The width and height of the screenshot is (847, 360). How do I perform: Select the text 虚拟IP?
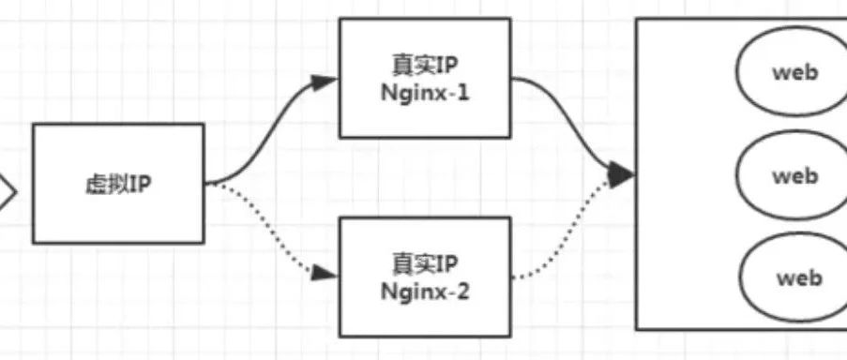pyautogui.click(x=118, y=185)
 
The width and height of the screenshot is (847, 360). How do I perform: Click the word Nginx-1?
pyautogui.click(x=425, y=94)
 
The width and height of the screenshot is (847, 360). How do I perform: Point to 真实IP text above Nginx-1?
pyautogui.click(x=425, y=66)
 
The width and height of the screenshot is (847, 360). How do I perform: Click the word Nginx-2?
pyautogui.click(x=425, y=292)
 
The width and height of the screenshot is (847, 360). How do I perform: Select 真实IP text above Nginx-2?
pyautogui.click(x=425, y=264)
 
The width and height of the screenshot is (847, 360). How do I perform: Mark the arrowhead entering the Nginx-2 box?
pyautogui.click(x=325, y=274)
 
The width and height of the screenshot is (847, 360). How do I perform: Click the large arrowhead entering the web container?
pyautogui.click(x=621, y=173)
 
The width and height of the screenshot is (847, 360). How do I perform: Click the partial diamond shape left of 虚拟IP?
pyautogui.click(x=11, y=191)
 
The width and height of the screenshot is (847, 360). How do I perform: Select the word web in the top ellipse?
pyautogui.click(x=794, y=72)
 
